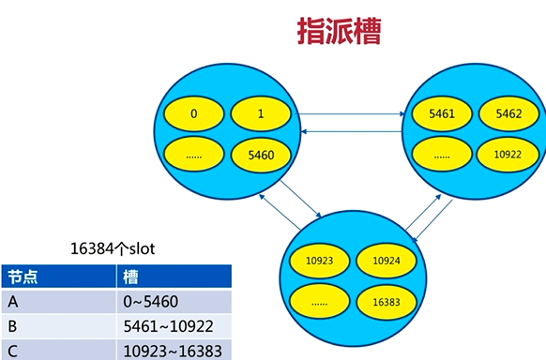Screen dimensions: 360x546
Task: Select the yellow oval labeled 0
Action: (194, 114)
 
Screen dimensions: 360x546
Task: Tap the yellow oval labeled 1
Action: (260, 114)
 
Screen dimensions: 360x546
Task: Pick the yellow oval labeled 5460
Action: (260, 155)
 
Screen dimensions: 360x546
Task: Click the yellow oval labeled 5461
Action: (441, 113)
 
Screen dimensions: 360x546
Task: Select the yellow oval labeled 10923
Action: (320, 260)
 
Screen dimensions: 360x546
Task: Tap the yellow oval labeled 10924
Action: (387, 260)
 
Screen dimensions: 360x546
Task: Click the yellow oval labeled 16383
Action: (387, 301)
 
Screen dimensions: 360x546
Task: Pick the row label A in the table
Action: (13, 303)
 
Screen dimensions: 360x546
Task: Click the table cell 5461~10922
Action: (165, 327)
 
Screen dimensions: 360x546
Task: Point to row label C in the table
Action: (13, 351)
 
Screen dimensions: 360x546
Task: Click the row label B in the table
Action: (13, 327)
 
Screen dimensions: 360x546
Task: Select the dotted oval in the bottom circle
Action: (320, 301)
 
